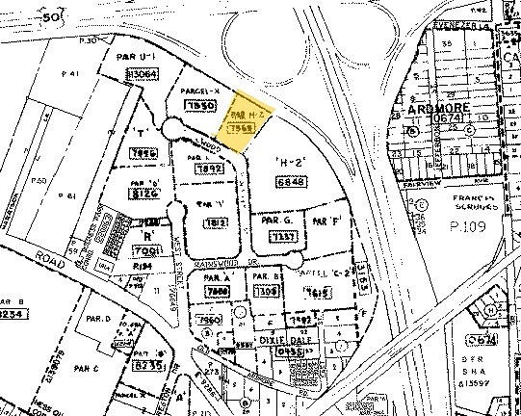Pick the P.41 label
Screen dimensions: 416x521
tap(68, 74)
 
